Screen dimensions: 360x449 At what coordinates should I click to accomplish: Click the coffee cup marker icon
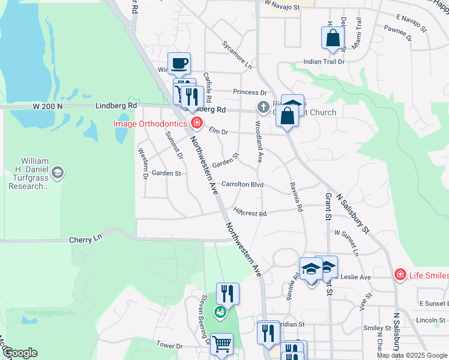pos(179,63)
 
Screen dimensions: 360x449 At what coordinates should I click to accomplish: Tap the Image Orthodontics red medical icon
pos(196,123)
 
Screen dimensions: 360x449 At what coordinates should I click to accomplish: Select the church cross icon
pos(263,107)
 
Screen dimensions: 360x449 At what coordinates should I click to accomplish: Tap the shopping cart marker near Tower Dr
pos(221,344)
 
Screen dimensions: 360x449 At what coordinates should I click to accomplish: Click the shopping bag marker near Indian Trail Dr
pos(333,38)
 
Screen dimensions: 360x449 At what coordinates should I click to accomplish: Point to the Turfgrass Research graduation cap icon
pos(58,173)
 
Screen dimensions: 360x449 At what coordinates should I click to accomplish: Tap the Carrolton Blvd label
pos(243,184)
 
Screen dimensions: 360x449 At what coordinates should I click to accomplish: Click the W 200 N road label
pos(48,106)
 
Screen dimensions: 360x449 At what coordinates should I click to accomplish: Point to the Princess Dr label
pos(250,92)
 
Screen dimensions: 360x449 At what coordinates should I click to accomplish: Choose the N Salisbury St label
pos(355,212)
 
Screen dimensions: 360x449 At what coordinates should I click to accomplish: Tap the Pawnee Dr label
pos(397,31)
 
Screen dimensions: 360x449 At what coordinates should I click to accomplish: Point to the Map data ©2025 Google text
pos(412,355)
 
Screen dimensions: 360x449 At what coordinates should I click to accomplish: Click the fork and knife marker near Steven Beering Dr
pos(227,293)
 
